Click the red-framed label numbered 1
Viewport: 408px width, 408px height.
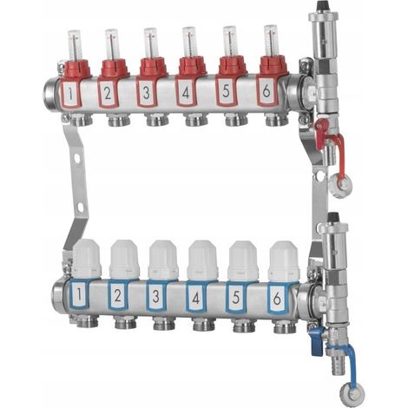70,93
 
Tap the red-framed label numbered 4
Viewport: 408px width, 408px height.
186,92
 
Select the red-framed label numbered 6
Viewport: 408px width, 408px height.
267,91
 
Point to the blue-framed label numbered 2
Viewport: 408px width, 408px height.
117,295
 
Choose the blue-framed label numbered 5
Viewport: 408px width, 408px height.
236,297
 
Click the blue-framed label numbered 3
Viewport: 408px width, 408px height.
156,296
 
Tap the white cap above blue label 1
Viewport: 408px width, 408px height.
86,260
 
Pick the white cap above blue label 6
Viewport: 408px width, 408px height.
284,261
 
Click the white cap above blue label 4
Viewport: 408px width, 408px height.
202,260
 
